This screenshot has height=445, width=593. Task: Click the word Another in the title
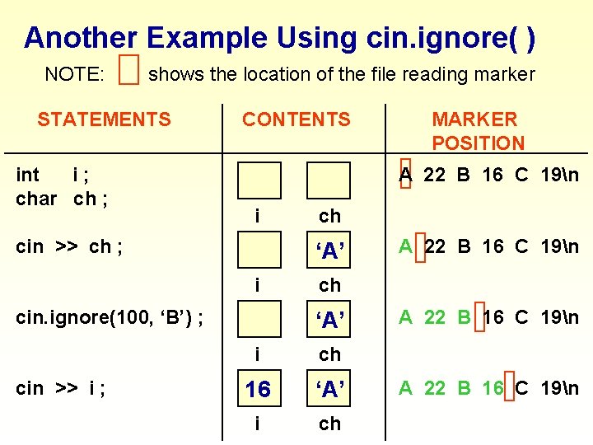tap(81, 37)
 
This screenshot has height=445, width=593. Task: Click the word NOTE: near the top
tap(74, 74)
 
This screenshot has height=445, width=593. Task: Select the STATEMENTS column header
tap(104, 119)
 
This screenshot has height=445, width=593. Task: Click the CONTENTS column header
tap(296, 119)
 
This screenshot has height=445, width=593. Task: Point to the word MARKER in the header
tap(474, 119)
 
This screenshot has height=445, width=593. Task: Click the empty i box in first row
tap(259, 180)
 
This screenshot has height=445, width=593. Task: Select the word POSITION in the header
tap(478, 143)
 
